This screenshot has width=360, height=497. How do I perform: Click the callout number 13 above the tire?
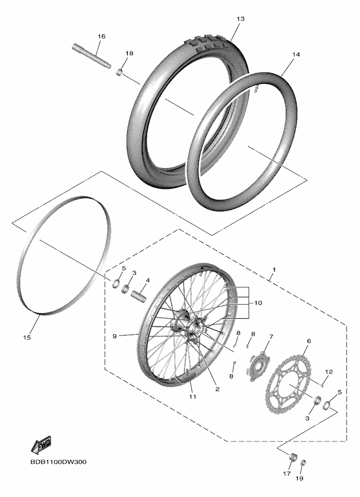pos(240,19)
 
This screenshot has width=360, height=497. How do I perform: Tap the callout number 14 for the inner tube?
pos(296,55)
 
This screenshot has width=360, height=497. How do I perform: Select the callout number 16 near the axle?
pos(101,36)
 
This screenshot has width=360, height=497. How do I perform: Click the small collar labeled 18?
pos(119,73)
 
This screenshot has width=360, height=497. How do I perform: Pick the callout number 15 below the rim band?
pos(27,337)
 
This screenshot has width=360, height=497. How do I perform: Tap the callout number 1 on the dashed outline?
pos(274,269)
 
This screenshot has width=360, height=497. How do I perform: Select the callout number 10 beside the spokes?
pos(258,303)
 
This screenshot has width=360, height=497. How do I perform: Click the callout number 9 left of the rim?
pos(115,336)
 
